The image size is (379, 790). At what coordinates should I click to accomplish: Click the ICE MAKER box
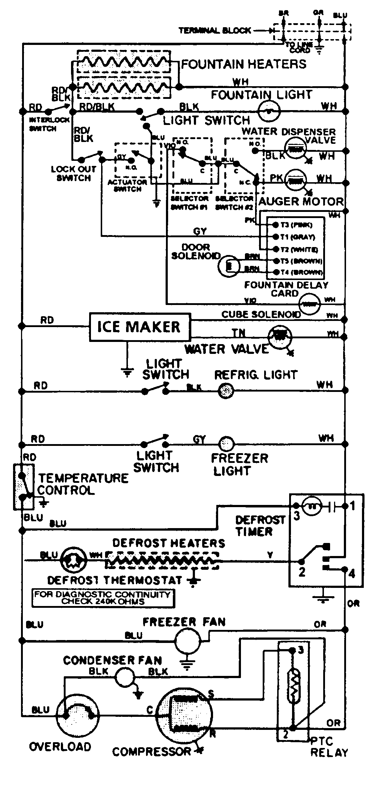tap(140, 327)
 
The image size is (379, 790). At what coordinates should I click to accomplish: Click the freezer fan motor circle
tap(187, 640)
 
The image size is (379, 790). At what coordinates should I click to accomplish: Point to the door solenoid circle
tap(229, 266)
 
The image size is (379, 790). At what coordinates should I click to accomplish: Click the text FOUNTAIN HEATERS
tap(243, 64)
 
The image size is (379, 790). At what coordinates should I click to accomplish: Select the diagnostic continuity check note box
tap(103, 598)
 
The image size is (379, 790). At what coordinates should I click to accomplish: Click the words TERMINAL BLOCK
tap(215, 30)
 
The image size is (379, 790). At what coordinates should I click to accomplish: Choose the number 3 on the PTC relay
tap(300, 650)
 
